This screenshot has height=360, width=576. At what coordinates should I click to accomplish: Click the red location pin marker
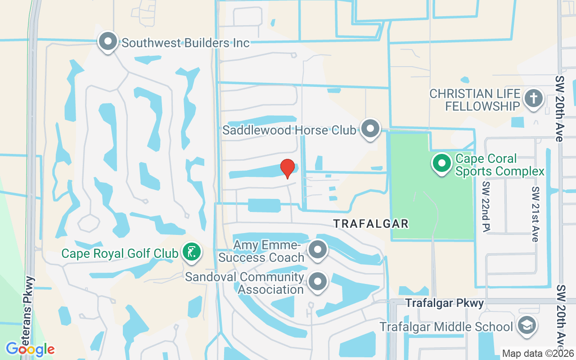pos(288,168)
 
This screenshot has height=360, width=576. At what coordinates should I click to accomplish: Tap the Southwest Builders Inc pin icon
pos(108,42)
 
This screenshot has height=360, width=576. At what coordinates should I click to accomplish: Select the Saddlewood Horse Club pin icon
pos(370,129)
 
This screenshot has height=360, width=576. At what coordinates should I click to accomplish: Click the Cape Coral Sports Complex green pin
pos(442,164)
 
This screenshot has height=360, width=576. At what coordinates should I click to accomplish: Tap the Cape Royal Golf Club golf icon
pos(192,252)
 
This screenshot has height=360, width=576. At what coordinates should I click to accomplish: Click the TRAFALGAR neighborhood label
pos(371,223)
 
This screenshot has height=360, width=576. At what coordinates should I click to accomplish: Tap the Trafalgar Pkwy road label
pos(445,303)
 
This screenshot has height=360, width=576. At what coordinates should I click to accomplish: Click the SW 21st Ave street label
pos(535,214)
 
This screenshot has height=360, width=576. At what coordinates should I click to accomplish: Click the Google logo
pos(30,349)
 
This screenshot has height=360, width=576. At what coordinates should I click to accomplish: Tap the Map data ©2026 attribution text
pos(537,353)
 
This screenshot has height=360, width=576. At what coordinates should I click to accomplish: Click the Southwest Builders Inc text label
pos(185,43)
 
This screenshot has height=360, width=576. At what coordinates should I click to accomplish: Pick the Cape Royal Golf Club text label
pos(120,253)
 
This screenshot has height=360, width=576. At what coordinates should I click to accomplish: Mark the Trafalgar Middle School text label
pos(446,327)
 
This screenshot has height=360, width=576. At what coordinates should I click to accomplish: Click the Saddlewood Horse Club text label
pos(289,130)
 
